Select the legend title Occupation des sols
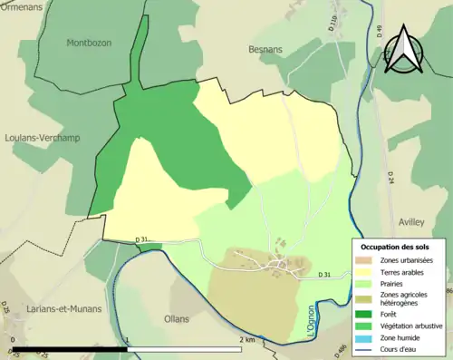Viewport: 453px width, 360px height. [400, 247]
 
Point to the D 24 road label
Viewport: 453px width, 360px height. [390, 178]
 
